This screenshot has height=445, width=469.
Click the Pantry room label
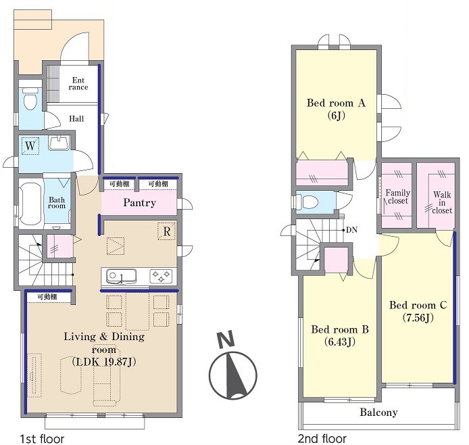click(x=139, y=203)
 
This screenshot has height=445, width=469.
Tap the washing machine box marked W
click(x=30, y=146)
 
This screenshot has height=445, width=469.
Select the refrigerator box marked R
click(x=167, y=231)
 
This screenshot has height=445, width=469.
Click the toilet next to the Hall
click(x=30, y=98)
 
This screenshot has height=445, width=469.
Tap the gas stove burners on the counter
click(x=161, y=276)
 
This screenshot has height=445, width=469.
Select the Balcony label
click(x=378, y=413)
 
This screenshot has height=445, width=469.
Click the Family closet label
click(x=397, y=197)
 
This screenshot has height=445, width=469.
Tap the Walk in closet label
click(x=442, y=203)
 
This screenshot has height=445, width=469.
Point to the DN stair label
click(x=351, y=230)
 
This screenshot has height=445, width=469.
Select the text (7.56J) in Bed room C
click(x=418, y=317)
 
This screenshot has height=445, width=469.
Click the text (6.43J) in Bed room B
click(x=340, y=342)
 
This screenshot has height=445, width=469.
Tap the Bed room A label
click(x=336, y=103)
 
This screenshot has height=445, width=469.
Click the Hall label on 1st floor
click(x=76, y=119)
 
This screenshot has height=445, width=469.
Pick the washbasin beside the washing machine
click(x=59, y=143)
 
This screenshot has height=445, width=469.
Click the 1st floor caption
click(x=42, y=439)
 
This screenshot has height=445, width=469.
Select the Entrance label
click(x=78, y=84)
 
